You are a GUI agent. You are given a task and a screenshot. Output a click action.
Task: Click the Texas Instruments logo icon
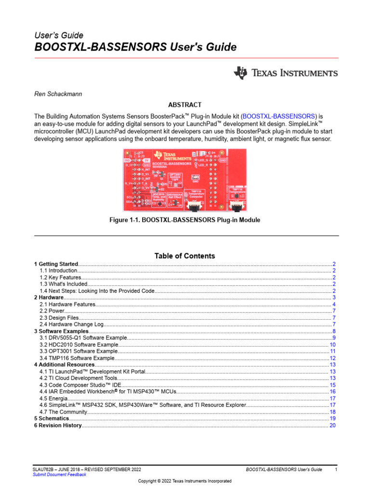(x=240, y=73)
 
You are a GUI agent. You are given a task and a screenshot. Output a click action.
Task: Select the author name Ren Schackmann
(x=58, y=94)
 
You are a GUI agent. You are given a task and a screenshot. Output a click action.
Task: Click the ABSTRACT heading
(x=185, y=105)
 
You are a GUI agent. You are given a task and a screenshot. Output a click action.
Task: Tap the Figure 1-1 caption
(x=185, y=220)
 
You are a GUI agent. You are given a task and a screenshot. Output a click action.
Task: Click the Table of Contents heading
(x=185, y=256)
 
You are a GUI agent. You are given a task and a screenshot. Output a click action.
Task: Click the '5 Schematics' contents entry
(x=52, y=419)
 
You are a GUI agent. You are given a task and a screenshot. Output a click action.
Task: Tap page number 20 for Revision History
(x=332, y=426)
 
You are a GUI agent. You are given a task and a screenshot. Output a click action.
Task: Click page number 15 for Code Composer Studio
(x=332, y=385)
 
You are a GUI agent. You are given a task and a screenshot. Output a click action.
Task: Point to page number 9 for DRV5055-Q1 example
(x=333, y=338)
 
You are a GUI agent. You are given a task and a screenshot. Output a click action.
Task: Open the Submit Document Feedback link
(x=59, y=475)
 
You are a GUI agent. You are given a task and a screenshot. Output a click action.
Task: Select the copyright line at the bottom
(x=185, y=481)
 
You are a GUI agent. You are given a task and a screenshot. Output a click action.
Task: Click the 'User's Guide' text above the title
(x=59, y=35)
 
